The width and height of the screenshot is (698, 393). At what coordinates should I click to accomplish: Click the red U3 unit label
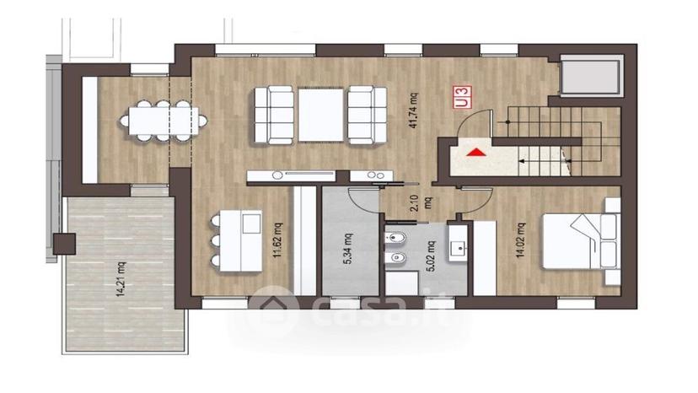(462, 98)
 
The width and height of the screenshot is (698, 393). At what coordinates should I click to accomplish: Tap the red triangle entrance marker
(476, 153)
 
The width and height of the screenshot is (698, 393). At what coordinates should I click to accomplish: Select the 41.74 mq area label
(413, 110)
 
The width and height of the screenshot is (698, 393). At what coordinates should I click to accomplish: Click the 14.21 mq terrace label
(121, 279)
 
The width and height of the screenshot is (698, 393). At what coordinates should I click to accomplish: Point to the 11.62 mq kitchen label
(278, 240)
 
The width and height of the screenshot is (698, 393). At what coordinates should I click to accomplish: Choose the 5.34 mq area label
(347, 249)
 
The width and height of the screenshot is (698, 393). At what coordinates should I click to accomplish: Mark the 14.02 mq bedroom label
(520, 240)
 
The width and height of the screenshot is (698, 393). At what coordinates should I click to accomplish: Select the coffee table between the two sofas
(321, 115)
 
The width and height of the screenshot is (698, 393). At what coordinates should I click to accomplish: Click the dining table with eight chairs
(163, 121)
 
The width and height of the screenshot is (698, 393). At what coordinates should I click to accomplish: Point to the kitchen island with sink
(241, 240)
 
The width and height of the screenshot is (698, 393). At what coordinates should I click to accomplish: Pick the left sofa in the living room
(274, 116)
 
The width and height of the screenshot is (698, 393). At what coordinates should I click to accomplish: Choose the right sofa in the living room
(368, 116)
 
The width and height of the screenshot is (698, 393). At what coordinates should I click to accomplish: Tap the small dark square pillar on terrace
(64, 245)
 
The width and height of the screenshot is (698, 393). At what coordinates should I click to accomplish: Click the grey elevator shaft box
(591, 77)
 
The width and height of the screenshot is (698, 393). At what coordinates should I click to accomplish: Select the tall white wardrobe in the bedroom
(485, 258)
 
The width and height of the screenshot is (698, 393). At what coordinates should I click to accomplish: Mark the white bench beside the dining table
(90, 130)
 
